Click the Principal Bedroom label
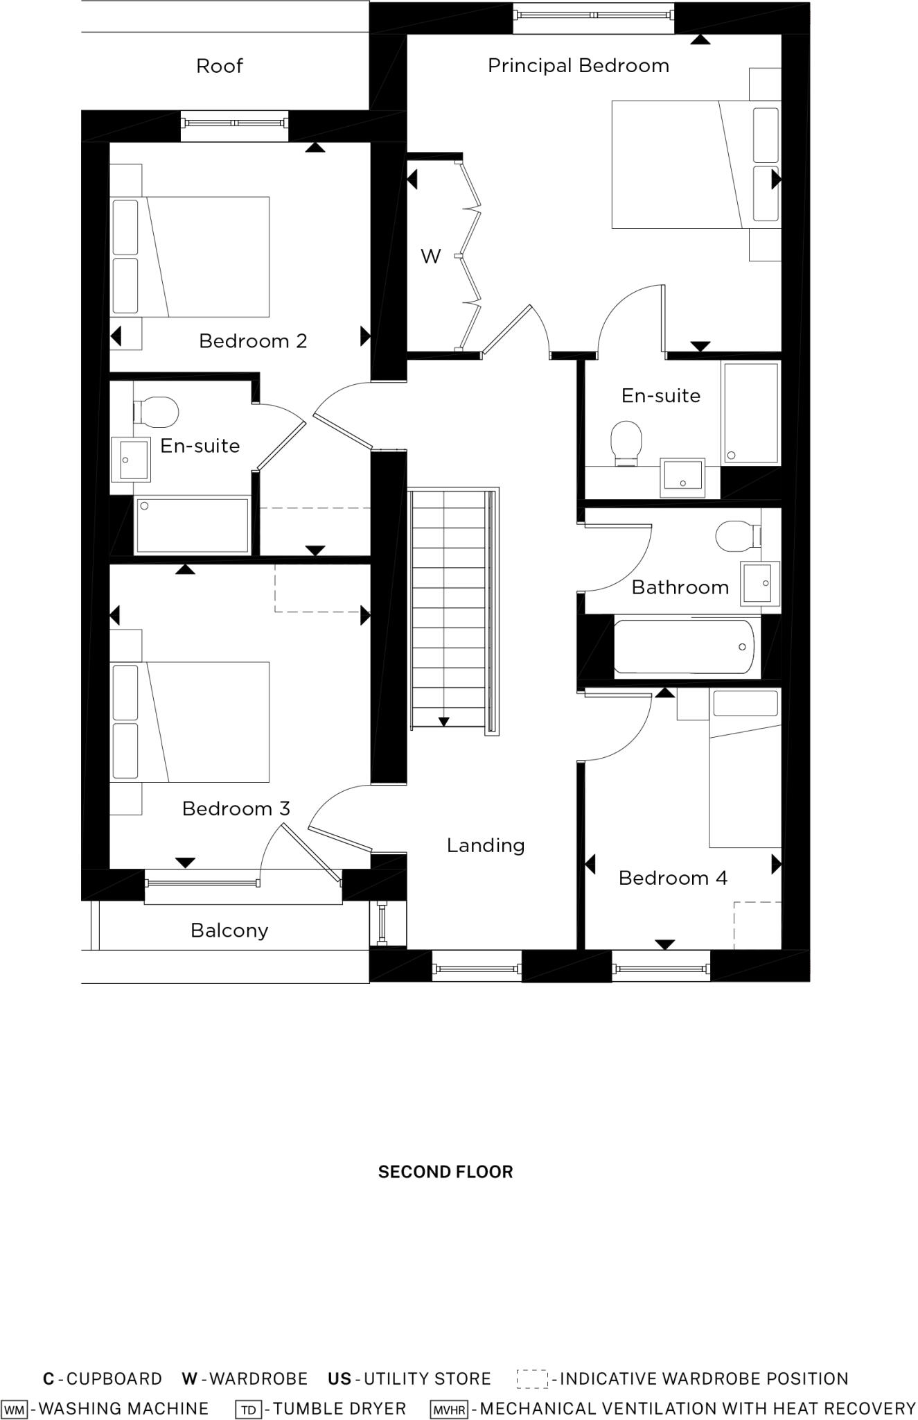pos(578,66)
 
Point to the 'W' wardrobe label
pos(430,257)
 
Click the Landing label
pos(485,845)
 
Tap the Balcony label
pos(229,930)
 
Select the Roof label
pos(220,67)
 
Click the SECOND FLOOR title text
pos(445,1172)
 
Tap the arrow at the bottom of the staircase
pos(443,722)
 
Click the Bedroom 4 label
pos(672,878)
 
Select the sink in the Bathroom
pos(759,583)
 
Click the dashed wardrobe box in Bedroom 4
pos(757,925)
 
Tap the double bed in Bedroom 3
pos(201,722)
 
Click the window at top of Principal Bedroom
pos(593,15)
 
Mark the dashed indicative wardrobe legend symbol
pos(532,1379)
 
